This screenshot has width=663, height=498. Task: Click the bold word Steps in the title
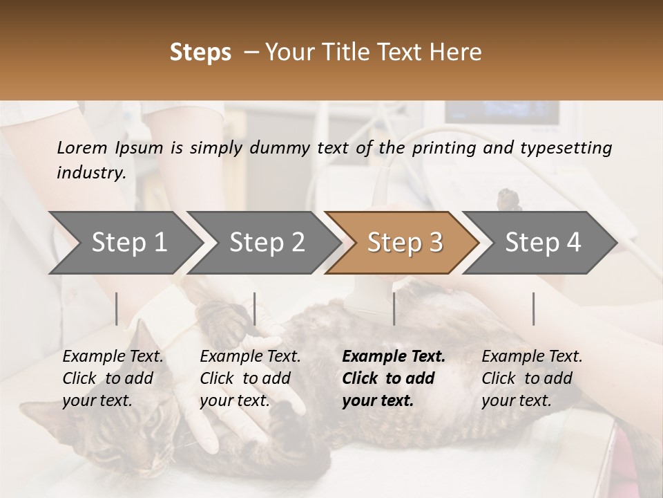coord(200,52)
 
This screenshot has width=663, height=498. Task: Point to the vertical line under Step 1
coord(117,308)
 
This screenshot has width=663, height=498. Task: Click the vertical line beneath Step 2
coord(255,308)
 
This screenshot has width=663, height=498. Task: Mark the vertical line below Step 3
coord(394,308)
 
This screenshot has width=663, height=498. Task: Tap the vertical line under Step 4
coord(533,308)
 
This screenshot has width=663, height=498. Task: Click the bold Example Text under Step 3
coord(394,356)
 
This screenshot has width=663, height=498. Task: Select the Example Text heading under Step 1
coord(113,356)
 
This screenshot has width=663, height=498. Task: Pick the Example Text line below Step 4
coord(532,356)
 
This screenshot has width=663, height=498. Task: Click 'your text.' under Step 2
coord(234,400)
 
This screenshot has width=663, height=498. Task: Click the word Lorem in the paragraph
coord(82,147)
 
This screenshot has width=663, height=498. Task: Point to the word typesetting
coord(573,147)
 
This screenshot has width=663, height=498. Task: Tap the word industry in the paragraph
coord(90,172)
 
